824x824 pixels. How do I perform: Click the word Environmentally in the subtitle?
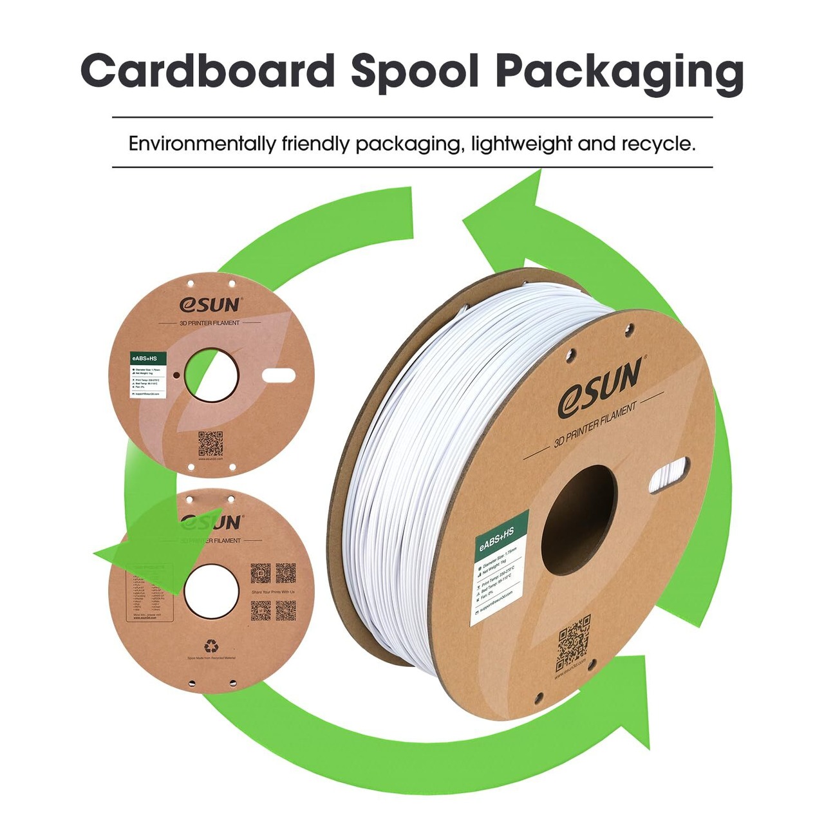pos(201,143)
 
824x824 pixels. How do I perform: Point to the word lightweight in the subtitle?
pos(521,143)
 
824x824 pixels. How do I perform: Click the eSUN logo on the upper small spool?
pos(210,304)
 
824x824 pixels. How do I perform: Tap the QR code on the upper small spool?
pos(211,444)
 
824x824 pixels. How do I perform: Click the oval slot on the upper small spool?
pos(277,375)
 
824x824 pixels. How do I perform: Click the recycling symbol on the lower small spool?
pos(211,646)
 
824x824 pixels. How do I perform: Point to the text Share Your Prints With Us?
pos(273,592)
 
